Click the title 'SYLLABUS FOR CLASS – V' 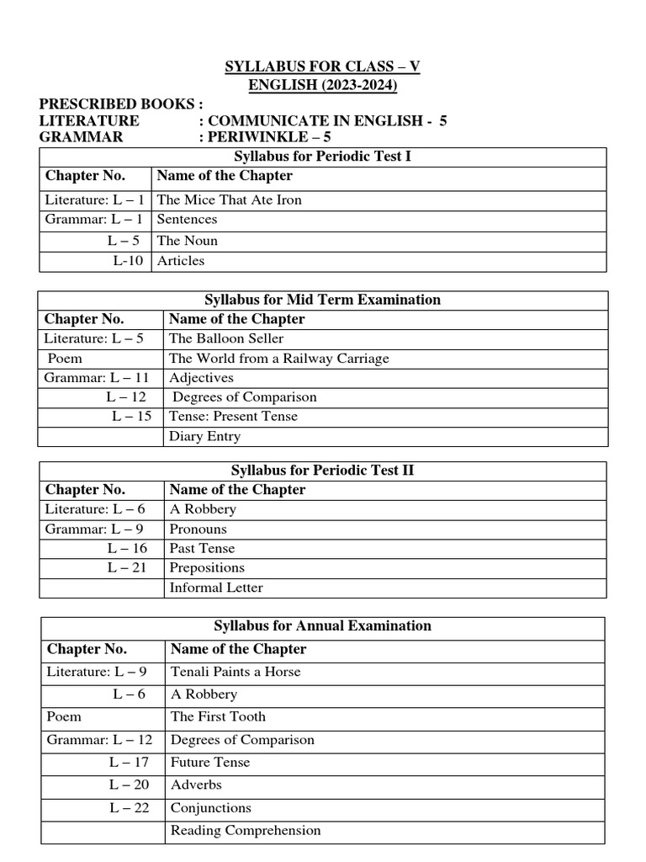(x=322, y=67)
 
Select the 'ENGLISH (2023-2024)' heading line (x=322, y=85)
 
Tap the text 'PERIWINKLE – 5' (x=265, y=137)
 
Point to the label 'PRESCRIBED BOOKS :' (x=121, y=104)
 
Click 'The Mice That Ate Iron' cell (x=229, y=200)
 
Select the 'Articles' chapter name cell (x=181, y=261)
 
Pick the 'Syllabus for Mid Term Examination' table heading (x=322, y=300)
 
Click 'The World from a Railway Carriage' (x=279, y=359)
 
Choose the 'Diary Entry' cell (x=204, y=436)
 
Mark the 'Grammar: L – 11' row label (x=97, y=378)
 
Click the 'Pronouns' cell (x=198, y=529)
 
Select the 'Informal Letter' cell (x=216, y=588)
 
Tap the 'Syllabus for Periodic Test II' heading (x=322, y=471)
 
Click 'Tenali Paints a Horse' (x=236, y=672)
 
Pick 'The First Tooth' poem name (x=218, y=716)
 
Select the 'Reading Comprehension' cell (x=246, y=830)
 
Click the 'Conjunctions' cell (x=211, y=807)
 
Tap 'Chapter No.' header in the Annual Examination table (x=87, y=649)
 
